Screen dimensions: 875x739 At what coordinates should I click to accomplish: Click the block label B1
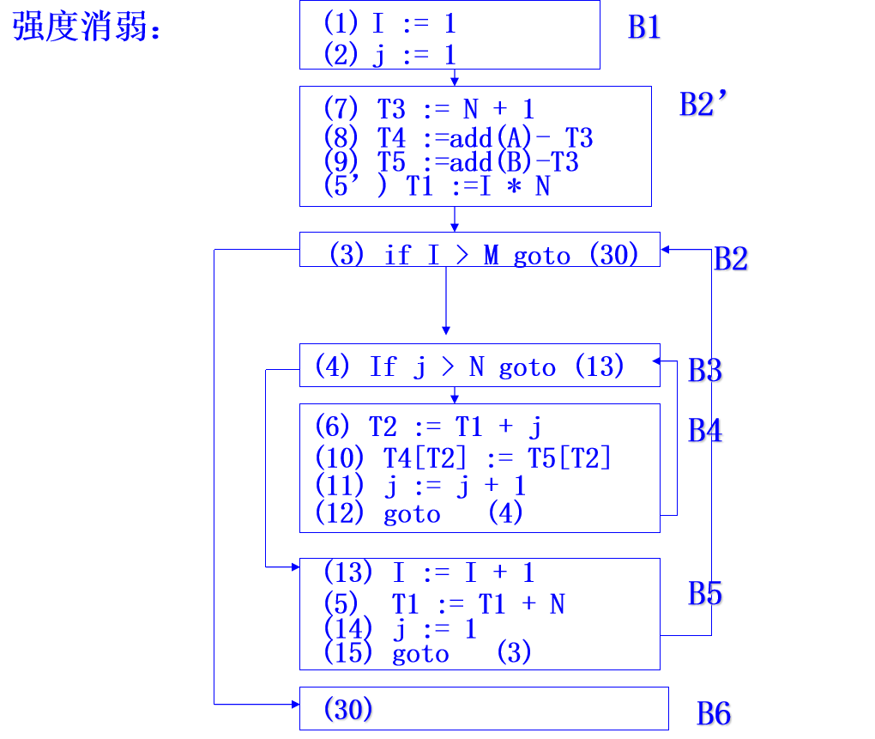645,27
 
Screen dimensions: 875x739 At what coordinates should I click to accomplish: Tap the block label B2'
704,105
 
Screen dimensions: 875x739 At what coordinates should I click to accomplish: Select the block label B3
706,371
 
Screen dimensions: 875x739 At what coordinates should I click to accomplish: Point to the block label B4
706,431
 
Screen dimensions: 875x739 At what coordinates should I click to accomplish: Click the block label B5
706,594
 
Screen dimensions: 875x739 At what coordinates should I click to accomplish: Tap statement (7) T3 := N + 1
428,109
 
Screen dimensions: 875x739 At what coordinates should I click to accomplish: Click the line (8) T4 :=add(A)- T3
458,137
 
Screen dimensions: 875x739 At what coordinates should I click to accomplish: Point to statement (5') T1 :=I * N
437,185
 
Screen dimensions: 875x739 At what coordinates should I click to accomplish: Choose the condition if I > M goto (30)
485,254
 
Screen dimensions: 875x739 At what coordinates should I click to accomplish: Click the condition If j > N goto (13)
469,367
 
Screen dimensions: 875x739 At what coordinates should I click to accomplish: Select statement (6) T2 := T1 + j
428,427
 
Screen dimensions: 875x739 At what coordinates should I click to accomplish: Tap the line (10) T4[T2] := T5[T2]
463,458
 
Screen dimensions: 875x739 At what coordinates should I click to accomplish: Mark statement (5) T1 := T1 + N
444,604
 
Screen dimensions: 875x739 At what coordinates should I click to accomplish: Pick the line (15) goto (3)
427,654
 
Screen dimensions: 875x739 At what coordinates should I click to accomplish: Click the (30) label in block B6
349,710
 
